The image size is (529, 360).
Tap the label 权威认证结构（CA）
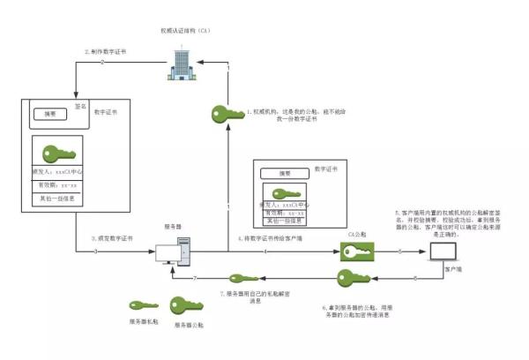point(187,31)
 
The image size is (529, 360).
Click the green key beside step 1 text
point(227,114)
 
